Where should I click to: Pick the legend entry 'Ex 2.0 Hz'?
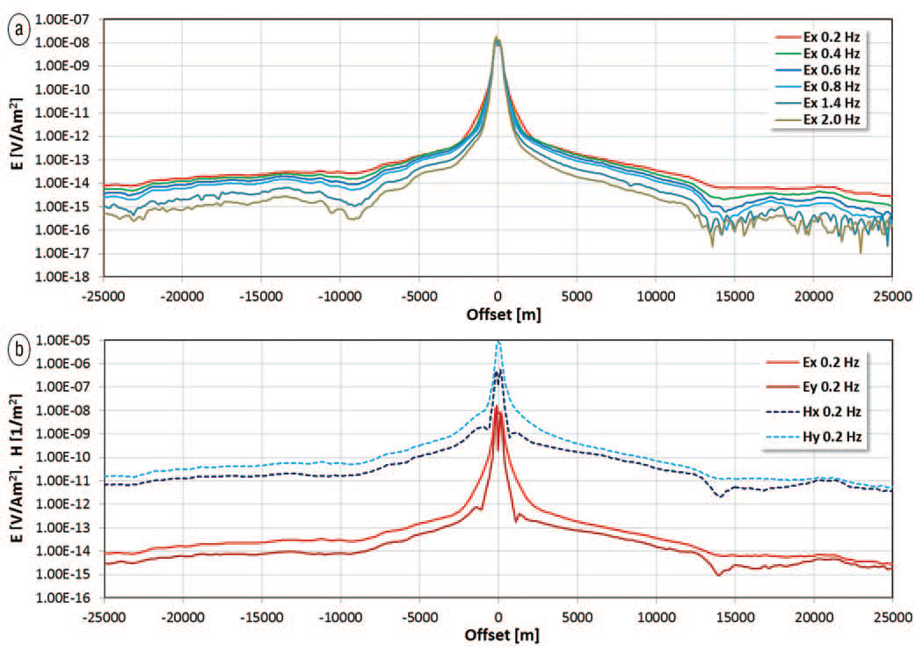tap(829, 119)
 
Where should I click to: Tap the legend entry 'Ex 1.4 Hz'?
tap(829, 103)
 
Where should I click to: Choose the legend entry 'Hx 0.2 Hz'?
tap(825, 409)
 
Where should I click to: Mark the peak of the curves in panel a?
tap(498, 38)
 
